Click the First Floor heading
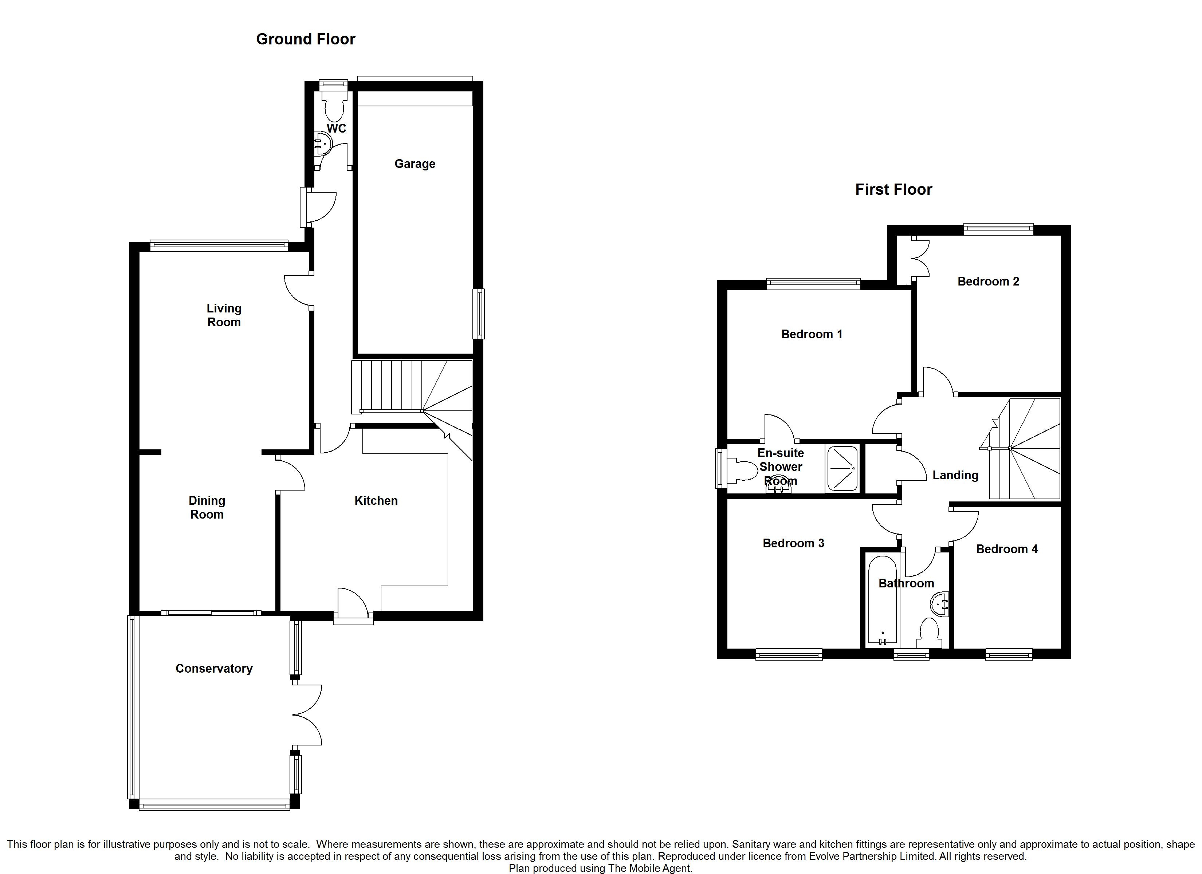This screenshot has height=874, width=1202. coord(893,190)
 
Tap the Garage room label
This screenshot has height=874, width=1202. coord(415,164)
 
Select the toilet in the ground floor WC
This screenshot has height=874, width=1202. coord(334,105)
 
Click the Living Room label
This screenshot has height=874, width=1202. coord(224,315)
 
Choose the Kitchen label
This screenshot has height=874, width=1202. coord(376,501)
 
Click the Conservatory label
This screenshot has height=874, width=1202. coord(214,669)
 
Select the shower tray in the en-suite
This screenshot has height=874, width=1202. coord(842,469)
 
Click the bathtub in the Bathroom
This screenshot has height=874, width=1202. coord(883,600)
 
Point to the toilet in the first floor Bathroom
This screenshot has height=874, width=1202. coord(930,633)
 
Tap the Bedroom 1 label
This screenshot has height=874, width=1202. coord(812,334)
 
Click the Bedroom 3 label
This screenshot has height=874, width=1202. coord(793,543)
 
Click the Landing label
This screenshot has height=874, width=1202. coord(955,476)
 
